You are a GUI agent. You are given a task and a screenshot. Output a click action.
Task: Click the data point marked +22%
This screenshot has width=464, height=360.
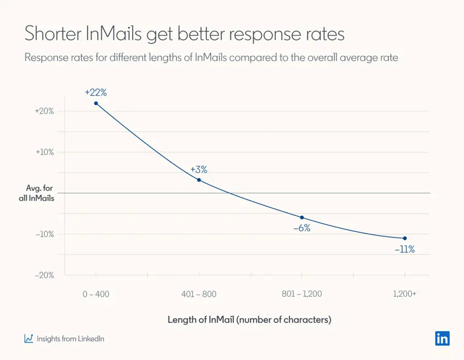pos(96,104)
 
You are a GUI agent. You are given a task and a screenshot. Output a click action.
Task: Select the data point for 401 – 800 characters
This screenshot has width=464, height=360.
pos(199,180)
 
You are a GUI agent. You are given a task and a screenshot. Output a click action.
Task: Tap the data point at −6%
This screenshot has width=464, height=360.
pos(302,217)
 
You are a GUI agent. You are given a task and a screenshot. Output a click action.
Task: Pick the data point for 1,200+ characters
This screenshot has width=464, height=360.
pos(405,238)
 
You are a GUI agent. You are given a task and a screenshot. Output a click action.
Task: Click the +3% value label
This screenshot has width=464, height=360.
pos(198,169)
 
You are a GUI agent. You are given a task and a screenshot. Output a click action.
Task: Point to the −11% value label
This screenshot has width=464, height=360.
pos(405,250)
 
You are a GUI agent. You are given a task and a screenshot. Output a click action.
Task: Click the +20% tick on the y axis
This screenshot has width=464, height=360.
pos(44,111)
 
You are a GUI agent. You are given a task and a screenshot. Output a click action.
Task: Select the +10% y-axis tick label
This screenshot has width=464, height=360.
pos(44,152)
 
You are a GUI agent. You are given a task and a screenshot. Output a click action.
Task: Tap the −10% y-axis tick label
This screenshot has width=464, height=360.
pos(44,234)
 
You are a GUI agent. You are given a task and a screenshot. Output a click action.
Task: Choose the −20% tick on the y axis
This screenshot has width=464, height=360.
pos(44,275)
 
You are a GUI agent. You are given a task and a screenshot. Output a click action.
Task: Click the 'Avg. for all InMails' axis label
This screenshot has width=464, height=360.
pos(40,193)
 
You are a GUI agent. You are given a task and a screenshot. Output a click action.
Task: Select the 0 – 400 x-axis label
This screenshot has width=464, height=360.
pos(96,294)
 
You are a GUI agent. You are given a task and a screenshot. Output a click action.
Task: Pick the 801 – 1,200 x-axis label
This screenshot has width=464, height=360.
pos(302,294)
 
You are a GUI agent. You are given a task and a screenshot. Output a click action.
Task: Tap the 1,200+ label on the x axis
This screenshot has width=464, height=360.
pos(405,294)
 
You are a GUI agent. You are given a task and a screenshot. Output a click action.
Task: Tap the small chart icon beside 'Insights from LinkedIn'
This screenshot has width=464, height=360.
pos(29,338)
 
